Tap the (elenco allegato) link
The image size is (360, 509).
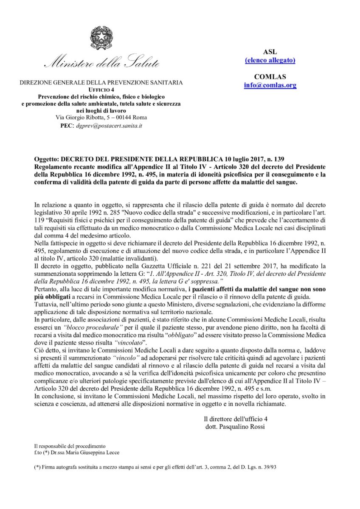[270, 60]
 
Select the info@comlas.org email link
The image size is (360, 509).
[270, 85]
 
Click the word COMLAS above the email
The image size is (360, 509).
[270, 77]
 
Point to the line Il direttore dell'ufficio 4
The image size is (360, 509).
[235, 419]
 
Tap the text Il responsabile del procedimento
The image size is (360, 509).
[70, 446]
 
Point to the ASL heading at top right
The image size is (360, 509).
[270, 52]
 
